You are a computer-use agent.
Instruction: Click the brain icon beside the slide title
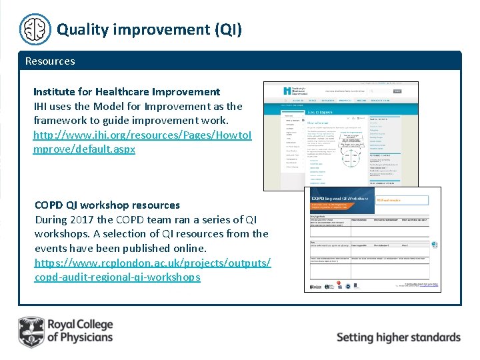tap(35, 29)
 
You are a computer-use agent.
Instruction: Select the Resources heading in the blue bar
tap(50, 61)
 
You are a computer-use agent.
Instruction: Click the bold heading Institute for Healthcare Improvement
tap(127, 91)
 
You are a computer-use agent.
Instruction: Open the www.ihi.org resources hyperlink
tap(142, 142)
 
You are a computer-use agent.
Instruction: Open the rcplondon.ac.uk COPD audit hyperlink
tap(152, 269)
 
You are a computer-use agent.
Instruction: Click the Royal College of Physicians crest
tap(31, 331)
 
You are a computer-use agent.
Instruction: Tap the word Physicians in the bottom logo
tap(79, 337)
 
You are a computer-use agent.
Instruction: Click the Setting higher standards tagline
tap(398, 337)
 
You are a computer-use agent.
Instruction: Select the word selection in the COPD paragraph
tap(117, 234)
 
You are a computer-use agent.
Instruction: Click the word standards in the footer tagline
tap(429, 337)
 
